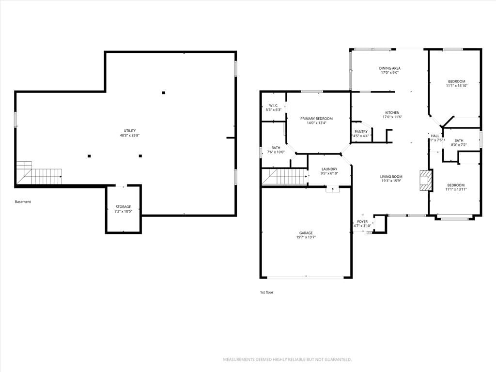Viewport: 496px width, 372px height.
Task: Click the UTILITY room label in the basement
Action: click(130, 131)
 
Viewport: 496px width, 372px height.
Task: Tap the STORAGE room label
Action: click(123, 207)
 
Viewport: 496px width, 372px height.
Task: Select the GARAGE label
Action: click(306, 233)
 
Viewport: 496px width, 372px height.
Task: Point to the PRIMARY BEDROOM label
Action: click(316, 119)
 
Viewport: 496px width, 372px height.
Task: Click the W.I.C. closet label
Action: click(273, 105)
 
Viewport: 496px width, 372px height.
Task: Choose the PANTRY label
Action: click(361, 132)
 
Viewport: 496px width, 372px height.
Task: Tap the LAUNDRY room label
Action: click(329, 169)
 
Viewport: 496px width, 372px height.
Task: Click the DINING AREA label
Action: click(390, 68)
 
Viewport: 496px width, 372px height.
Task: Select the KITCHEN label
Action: click(392, 113)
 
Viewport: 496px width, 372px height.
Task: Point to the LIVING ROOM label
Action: click(391, 177)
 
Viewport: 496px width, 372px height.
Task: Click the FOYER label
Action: click(362, 222)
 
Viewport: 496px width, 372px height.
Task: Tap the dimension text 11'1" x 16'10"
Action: click(457, 86)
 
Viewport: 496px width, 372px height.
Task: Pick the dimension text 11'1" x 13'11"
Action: click(456, 189)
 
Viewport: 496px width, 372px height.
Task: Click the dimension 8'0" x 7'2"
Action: click(459, 145)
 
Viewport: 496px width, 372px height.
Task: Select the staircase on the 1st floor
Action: click(285, 176)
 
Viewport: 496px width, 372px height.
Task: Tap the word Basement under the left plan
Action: click(23, 202)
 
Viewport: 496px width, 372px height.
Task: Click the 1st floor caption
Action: click(267, 292)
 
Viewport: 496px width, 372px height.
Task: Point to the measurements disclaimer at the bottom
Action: click(287, 360)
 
